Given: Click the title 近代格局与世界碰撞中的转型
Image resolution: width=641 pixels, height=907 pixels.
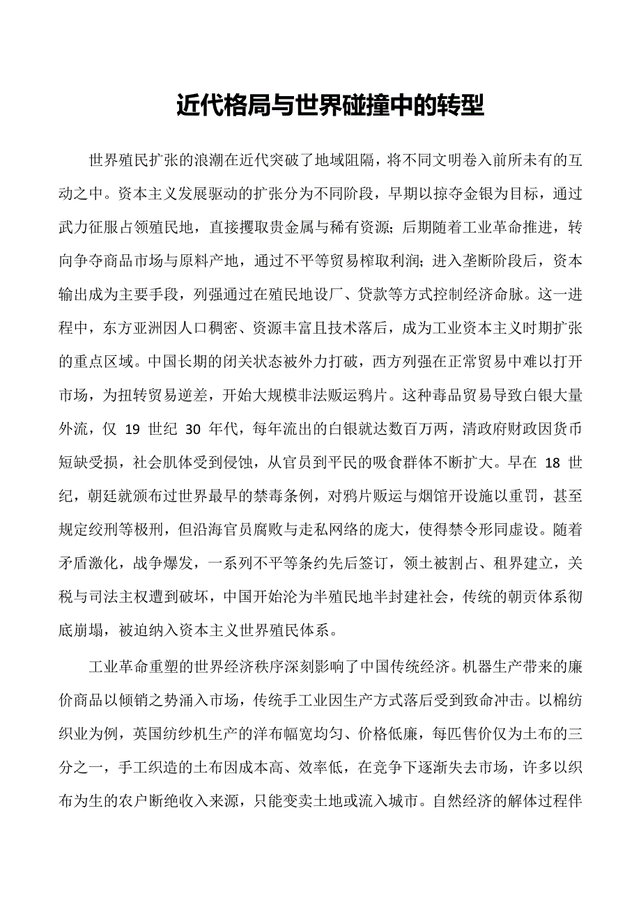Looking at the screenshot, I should point(330,106).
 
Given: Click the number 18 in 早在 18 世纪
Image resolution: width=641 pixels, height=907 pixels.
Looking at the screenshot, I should point(551,463).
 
